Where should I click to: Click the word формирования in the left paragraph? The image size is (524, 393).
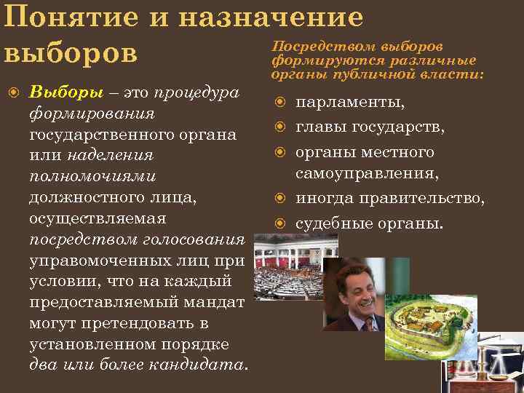(x=92, y=114)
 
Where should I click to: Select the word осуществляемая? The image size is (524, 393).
(x=98, y=218)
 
